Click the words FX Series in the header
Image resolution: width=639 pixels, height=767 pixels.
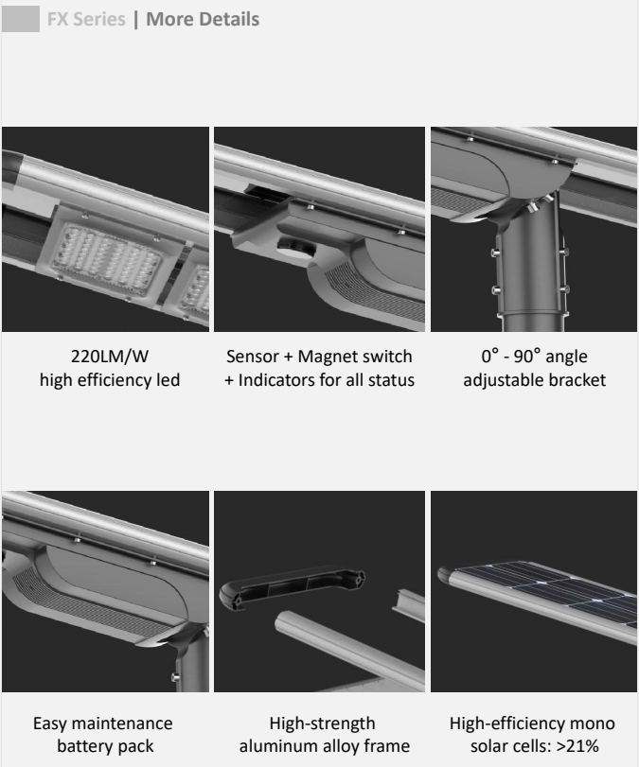(x=86, y=19)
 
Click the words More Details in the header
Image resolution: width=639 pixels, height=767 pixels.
(x=203, y=19)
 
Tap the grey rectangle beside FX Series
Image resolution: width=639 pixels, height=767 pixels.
(x=21, y=19)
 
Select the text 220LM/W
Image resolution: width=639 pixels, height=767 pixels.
(x=110, y=357)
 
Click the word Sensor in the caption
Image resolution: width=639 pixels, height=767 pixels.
(x=252, y=357)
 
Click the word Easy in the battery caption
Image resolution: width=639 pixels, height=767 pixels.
(x=48, y=723)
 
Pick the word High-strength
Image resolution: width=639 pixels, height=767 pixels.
(x=322, y=723)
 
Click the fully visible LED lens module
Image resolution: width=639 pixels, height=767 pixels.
(x=107, y=259)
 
